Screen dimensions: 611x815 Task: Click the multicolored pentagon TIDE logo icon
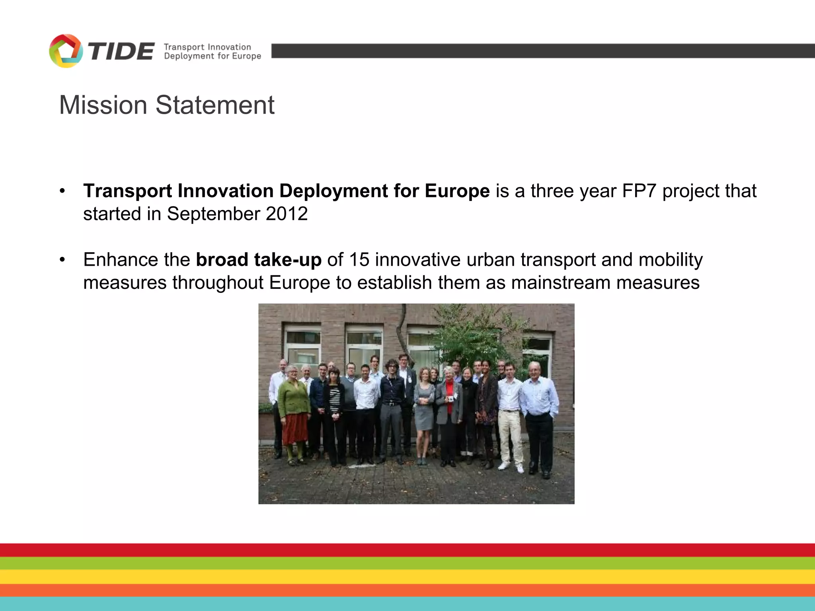(66, 51)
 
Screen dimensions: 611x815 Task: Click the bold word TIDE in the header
(121, 52)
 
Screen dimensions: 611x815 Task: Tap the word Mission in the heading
(103, 105)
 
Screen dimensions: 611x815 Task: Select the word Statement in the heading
(215, 105)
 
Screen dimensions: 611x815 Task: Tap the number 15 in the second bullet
(359, 260)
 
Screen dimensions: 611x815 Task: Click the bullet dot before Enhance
(62, 260)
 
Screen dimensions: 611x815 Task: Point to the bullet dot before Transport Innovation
(62, 191)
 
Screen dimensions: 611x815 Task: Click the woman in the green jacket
(294, 410)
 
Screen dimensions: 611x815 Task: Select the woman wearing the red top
(449, 410)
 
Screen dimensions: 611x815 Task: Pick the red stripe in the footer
(407, 550)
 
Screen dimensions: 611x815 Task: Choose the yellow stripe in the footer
(407, 576)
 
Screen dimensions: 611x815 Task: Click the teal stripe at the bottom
(407, 604)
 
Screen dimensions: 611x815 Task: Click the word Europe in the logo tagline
(246, 56)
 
